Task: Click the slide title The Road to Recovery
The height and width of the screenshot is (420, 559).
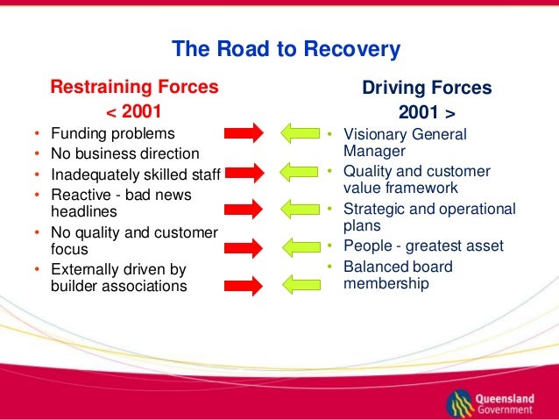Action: click(286, 48)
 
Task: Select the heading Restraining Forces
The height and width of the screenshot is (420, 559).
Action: click(134, 88)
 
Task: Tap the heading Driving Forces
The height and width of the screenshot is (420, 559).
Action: click(427, 89)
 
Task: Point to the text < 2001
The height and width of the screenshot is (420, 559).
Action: click(134, 111)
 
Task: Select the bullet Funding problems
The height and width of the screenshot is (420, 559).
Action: click(112, 134)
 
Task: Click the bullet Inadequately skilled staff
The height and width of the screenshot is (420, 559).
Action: click(135, 173)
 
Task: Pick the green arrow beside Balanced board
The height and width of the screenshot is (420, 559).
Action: click(298, 284)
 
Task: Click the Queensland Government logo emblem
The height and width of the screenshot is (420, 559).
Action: click(459, 402)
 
